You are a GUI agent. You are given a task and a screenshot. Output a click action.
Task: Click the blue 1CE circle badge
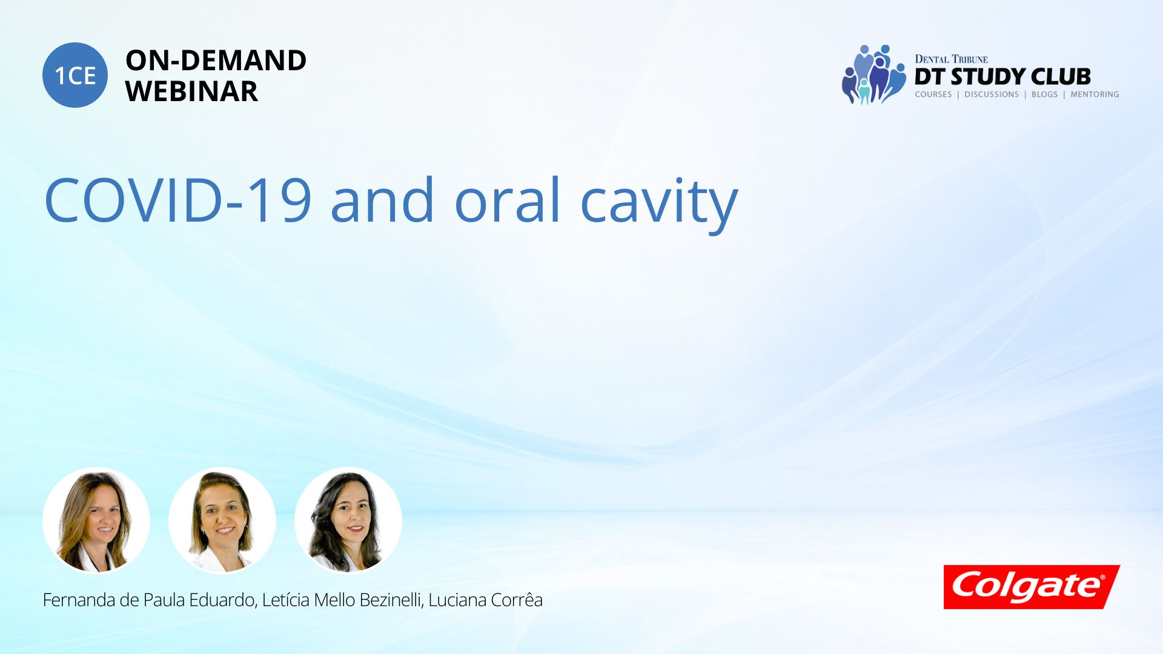coord(75,75)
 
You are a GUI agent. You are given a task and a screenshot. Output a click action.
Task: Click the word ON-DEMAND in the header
coord(216,61)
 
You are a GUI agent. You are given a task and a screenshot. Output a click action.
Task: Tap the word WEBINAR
coord(191,91)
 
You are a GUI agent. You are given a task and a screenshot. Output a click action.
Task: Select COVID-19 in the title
coord(178,200)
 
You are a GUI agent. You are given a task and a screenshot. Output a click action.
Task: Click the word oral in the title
coord(508,200)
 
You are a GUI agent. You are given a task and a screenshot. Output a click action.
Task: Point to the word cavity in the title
coord(659,205)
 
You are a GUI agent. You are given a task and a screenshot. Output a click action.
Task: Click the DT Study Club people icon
coord(873,74)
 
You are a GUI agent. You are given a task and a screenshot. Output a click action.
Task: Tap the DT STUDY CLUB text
coord(1002,76)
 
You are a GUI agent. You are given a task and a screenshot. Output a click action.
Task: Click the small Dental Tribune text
coord(951,59)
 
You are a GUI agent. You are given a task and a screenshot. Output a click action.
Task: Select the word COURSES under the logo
coord(933,94)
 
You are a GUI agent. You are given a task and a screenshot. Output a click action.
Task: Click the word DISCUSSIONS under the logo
coord(992,94)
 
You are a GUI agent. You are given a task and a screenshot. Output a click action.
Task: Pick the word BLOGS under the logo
coord(1044,94)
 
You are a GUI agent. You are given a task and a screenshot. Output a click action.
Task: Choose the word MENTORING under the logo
coord(1095,94)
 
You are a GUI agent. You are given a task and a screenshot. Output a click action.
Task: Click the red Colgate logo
coord(1032,587)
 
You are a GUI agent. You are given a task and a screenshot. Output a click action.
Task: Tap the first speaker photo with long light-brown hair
coord(96,521)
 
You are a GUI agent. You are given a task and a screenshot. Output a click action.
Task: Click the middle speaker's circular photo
coord(222,521)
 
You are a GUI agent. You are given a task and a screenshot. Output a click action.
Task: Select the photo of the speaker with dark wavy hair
coord(348,521)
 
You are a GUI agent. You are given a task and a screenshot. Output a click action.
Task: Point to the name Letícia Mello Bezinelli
coord(342,600)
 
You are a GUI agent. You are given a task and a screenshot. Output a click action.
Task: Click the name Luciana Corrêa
coord(485,600)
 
